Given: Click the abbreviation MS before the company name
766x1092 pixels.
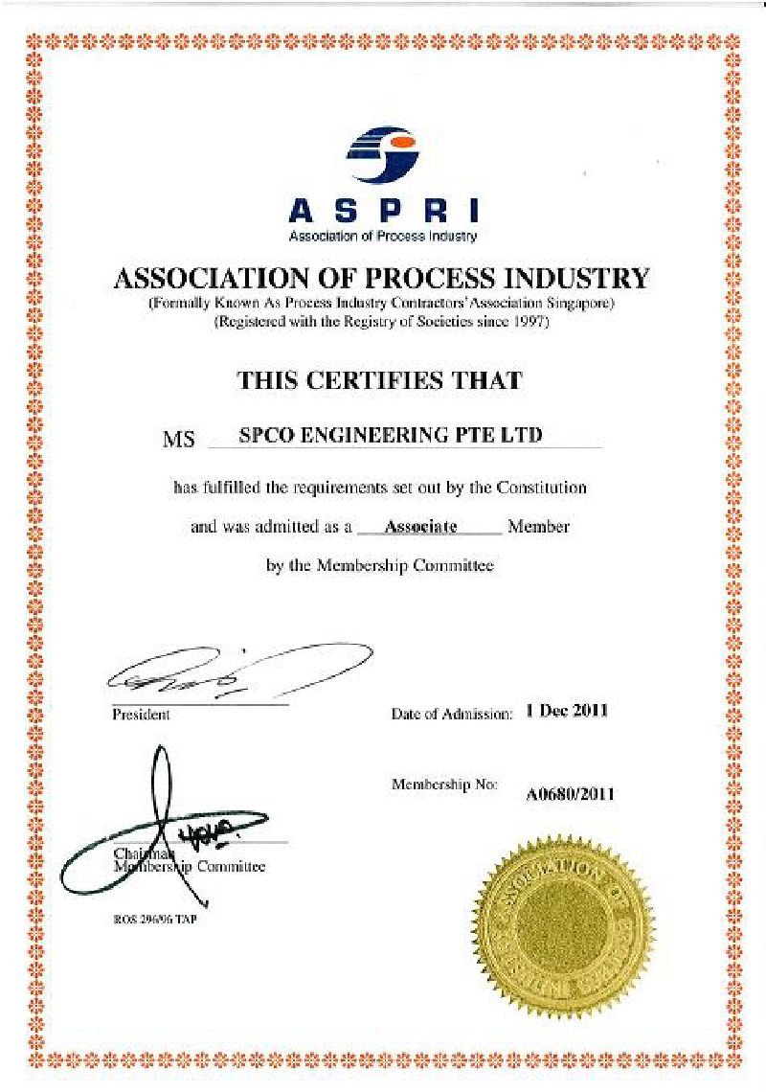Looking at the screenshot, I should click(x=179, y=441).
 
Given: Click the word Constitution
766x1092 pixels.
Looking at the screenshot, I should click(x=541, y=488).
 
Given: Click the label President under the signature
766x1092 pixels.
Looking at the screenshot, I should click(x=141, y=715).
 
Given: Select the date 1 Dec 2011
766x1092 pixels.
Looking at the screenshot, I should click(x=567, y=711).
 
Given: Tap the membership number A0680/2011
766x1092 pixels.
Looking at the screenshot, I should click(x=570, y=794).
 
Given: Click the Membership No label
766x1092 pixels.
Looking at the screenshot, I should click(x=444, y=785).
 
